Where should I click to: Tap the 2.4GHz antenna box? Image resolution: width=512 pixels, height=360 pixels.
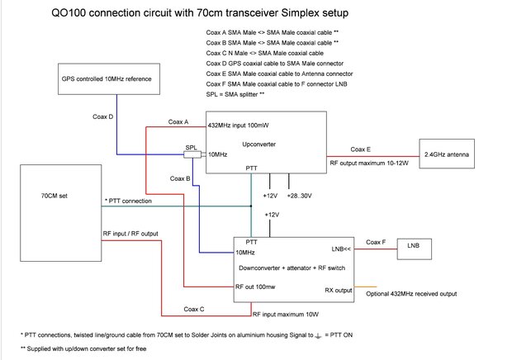(446, 154)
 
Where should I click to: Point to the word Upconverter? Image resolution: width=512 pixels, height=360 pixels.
(257, 144)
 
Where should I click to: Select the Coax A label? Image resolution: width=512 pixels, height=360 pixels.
(178, 122)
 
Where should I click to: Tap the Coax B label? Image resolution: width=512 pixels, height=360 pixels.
(180, 178)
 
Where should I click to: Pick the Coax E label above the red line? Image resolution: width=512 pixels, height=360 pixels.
(361, 149)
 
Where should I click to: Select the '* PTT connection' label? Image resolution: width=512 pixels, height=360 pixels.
(128, 201)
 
